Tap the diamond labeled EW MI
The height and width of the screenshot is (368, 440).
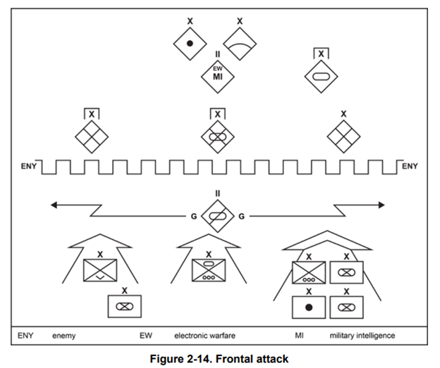[x=218, y=75]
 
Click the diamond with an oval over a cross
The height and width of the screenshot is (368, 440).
[x=218, y=136]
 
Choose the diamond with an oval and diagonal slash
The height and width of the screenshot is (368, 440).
[x=218, y=215]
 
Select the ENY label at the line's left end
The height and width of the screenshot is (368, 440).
[x=30, y=167]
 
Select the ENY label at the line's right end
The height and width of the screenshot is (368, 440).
[x=409, y=167]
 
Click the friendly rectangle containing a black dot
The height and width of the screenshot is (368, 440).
[x=310, y=307]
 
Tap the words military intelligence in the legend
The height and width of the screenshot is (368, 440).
[x=362, y=336]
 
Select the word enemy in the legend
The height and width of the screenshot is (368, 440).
[x=63, y=336]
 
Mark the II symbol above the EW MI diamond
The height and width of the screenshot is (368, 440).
[x=218, y=54]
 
